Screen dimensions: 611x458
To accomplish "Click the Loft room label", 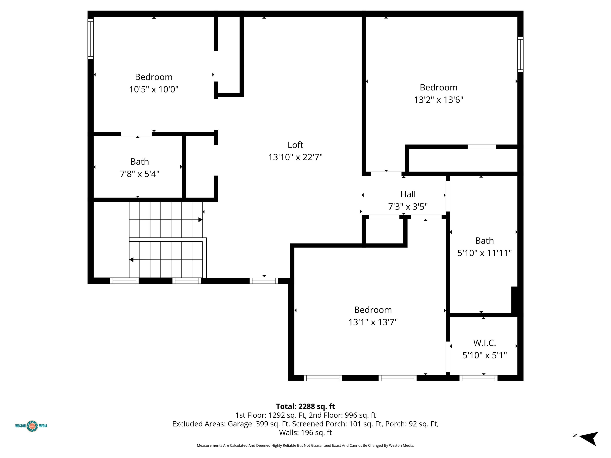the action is [295, 145].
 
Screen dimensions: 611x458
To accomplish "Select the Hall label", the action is [408, 194].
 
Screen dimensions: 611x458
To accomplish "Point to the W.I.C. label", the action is [485, 343].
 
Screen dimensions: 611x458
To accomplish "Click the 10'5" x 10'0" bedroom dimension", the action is [154, 89].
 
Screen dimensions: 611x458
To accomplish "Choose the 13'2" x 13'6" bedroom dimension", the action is [439, 100].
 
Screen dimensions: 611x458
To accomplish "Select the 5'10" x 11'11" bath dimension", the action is [485, 253].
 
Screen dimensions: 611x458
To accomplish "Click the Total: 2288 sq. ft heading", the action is [305, 406].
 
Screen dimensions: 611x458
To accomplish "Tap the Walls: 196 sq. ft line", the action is [305, 433].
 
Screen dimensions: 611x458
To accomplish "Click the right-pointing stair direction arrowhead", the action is [200, 220].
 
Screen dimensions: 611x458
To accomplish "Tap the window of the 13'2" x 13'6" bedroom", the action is [520, 54].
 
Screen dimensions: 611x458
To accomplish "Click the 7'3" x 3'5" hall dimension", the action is [408, 207].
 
